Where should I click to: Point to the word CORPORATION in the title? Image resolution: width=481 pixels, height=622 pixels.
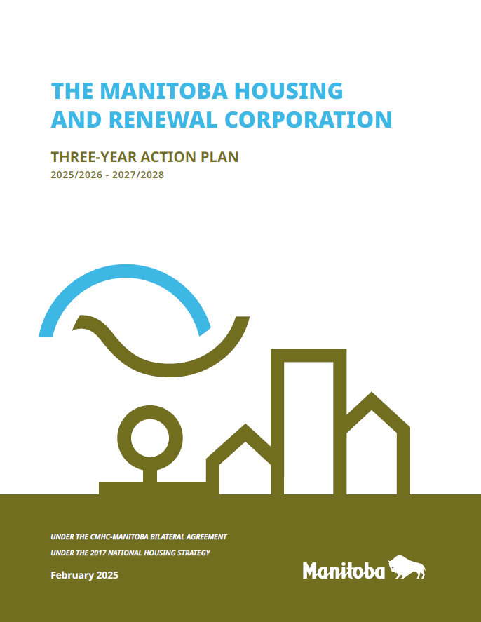coord(308,119)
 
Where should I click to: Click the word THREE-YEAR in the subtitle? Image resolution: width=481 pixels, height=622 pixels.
coord(95,156)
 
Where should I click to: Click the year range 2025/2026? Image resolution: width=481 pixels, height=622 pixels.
coord(75,175)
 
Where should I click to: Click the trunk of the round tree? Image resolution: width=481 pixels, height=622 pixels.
coord(149,475)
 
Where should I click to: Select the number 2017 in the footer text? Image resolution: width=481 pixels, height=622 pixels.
coord(103,553)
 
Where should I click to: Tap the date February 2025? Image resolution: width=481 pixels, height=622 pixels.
coord(84,575)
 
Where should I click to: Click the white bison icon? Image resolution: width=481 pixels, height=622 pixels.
coord(407,568)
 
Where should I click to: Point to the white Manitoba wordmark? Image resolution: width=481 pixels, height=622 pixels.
coord(344,571)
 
